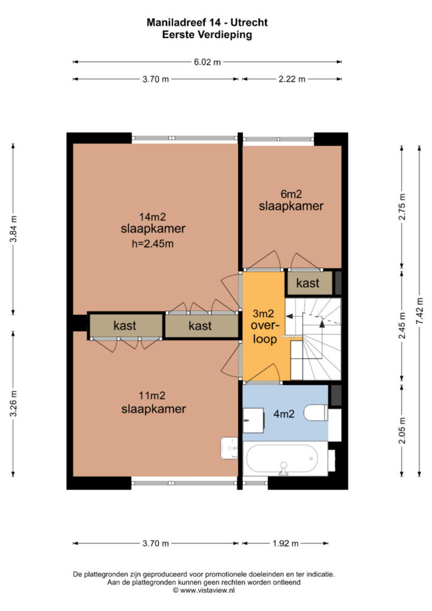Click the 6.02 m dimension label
pyautogui.click(x=207, y=61)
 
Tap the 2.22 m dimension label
pyautogui.click(x=292, y=79)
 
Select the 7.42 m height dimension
pyautogui.click(x=419, y=310)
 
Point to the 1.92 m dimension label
pyautogui.click(x=286, y=543)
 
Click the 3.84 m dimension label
pyautogui.click(x=13, y=229)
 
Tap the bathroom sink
pyautogui.click(x=253, y=420)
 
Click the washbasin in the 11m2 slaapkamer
pyautogui.click(x=229, y=448)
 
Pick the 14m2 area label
pyautogui.click(x=153, y=216)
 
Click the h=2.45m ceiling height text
pyautogui.click(x=153, y=244)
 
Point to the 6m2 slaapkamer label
pyautogui.click(x=291, y=200)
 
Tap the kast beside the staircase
pyautogui.click(x=308, y=283)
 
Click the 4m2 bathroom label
pyautogui.click(x=283, y=414)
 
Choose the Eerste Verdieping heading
pyautogui.click(x=207, y=35)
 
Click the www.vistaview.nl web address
pyautogui.click(x=208, y=590)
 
